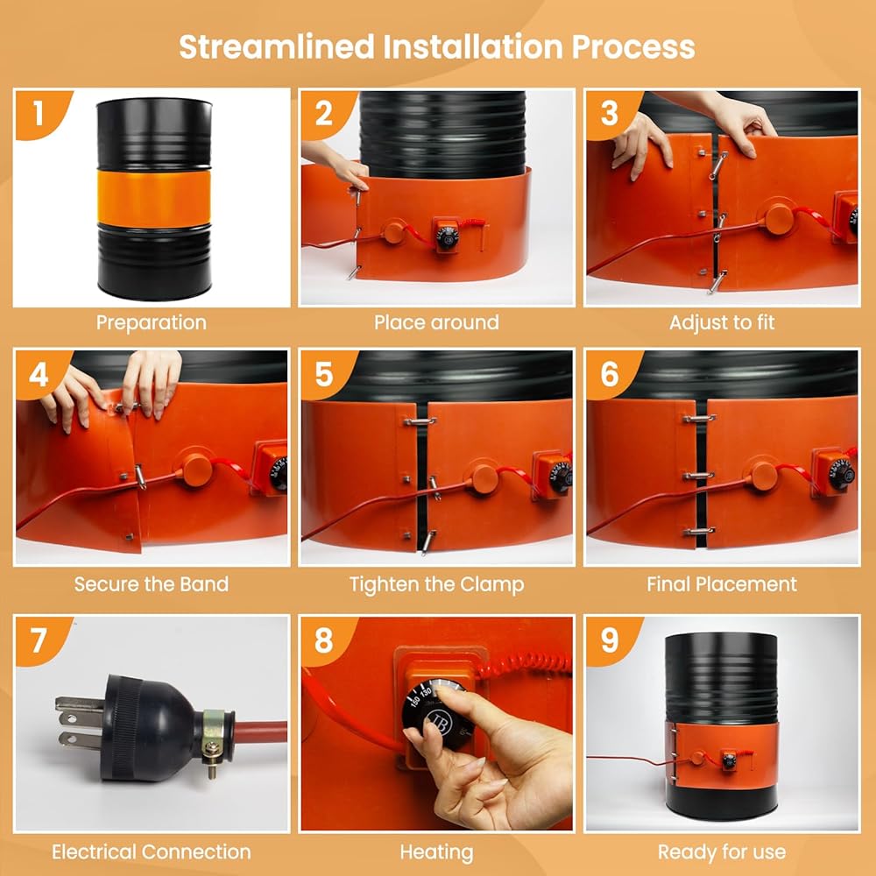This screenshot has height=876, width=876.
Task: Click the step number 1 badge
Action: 38,113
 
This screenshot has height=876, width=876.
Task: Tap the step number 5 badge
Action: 324,375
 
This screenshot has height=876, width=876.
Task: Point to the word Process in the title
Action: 633,47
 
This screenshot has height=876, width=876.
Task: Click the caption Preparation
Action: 152,323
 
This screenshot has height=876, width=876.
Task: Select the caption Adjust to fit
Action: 722,323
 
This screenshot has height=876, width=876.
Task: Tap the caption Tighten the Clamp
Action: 437,585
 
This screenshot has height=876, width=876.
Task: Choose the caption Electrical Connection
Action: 152,852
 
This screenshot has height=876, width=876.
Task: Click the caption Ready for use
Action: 722,852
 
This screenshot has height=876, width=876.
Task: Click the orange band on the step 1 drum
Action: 154,198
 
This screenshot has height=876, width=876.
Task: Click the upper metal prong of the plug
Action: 80,705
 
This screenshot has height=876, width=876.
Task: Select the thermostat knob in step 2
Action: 447,237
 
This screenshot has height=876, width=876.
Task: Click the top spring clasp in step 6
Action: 699,418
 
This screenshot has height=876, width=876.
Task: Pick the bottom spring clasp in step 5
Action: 428,542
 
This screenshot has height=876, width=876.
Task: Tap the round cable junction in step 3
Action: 778,219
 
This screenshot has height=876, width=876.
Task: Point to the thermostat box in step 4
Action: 271,468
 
